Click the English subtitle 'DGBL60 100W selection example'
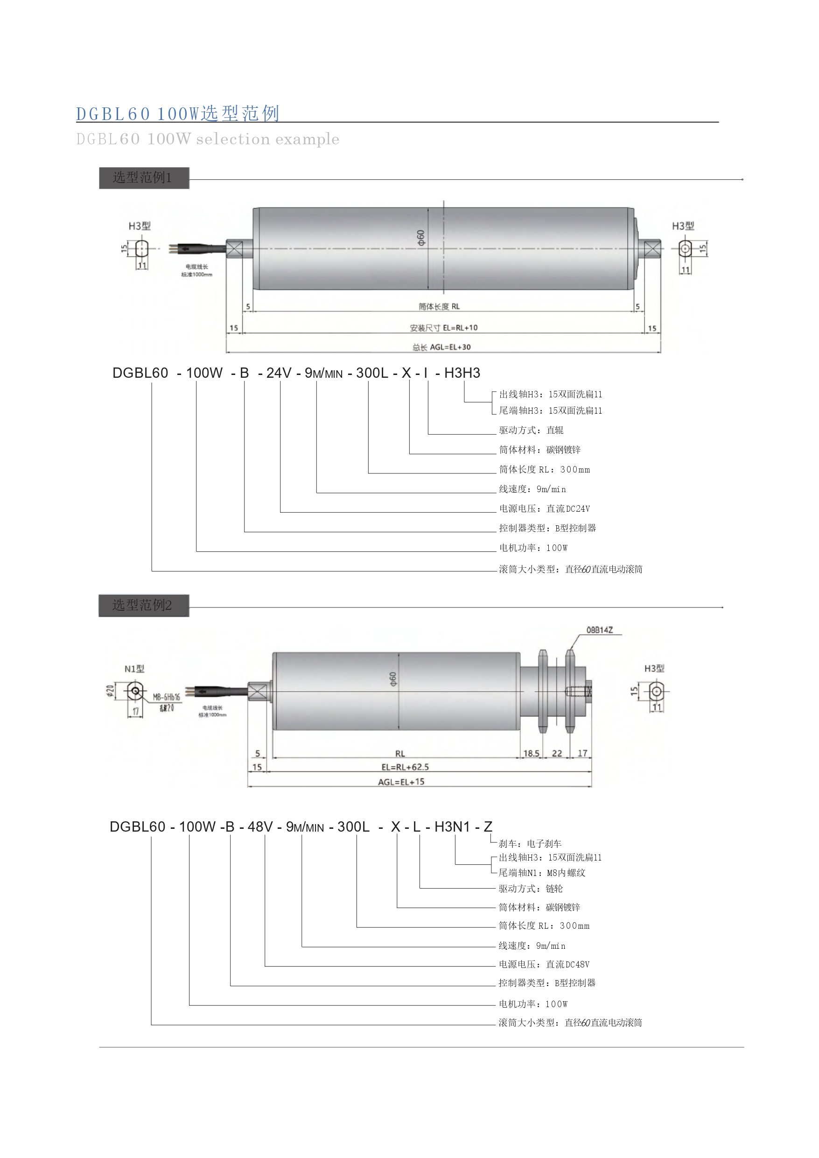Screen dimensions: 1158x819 point(208,139)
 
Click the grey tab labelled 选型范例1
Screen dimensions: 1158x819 point(144,177)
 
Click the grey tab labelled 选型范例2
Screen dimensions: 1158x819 point(144,605)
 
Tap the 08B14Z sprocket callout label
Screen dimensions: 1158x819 point(600,630)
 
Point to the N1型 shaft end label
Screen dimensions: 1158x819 point(134,669)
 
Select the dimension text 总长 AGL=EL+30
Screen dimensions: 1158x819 point(441,347)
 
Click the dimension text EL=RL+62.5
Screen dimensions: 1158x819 point(405,767)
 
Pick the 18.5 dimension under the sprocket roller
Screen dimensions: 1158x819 point(531,753)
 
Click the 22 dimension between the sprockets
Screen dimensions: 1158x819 point(557,753)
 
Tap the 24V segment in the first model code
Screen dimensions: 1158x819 point(279,373)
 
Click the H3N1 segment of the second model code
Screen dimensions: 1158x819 point(452,826)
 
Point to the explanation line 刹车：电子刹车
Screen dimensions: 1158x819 point(530,844)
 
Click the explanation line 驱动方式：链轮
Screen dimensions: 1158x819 point(531,889)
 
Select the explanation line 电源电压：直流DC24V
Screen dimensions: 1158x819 point(544,508)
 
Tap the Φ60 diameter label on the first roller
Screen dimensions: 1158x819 point(421,238)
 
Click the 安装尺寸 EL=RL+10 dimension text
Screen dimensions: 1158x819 point(443,328)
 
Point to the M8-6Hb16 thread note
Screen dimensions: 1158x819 point(167,697)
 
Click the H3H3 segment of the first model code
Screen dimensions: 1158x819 point(462,373)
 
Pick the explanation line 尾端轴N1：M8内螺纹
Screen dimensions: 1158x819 point(542,873)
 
